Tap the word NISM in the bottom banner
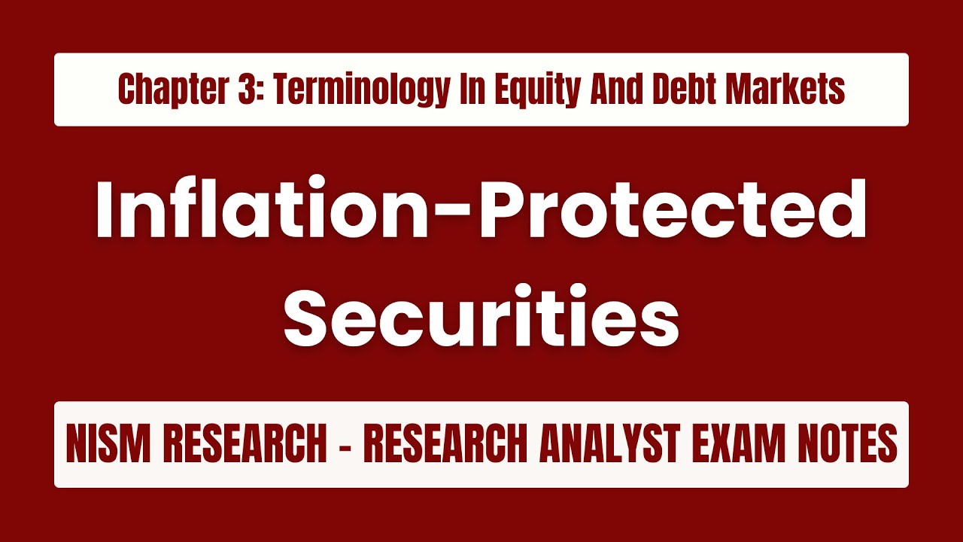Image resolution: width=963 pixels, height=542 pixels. point(110,445)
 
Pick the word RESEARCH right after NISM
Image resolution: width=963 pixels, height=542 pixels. point(241,445)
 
